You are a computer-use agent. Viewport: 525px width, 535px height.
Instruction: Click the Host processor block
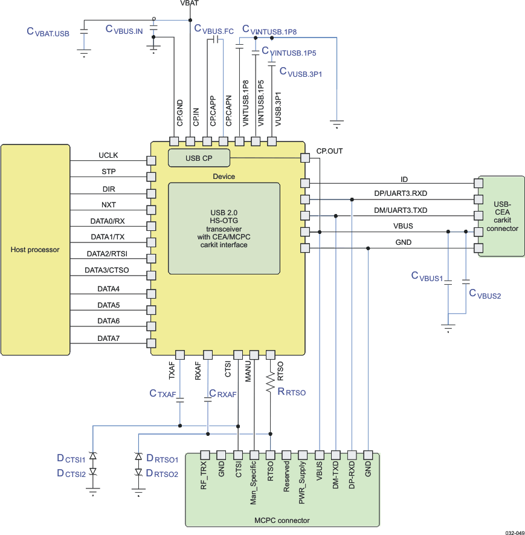[35, 249]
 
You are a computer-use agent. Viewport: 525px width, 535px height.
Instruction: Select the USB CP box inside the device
[199, 158]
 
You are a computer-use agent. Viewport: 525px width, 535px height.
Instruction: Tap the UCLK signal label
[109, 155]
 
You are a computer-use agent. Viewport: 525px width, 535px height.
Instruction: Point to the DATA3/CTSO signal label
[107, 270]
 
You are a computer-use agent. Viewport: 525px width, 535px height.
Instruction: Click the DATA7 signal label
[109, 339]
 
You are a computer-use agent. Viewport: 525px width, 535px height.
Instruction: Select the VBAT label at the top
[189, 4]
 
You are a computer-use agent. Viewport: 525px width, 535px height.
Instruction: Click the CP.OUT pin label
[329, 151]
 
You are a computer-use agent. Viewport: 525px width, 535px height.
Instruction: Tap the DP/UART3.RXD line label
[401, 193]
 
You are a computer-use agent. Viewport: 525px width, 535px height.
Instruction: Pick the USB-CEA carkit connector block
[501, 216]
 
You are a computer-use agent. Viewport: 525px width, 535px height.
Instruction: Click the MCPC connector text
[282, 520]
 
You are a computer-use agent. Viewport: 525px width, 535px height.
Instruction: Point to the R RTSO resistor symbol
[270, 384]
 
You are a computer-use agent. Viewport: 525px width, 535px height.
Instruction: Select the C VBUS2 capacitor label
[485, 294]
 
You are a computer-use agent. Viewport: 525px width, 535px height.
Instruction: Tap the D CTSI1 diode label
[71, 458]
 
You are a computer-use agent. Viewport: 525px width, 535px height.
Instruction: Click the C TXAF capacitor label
[163, 394]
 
